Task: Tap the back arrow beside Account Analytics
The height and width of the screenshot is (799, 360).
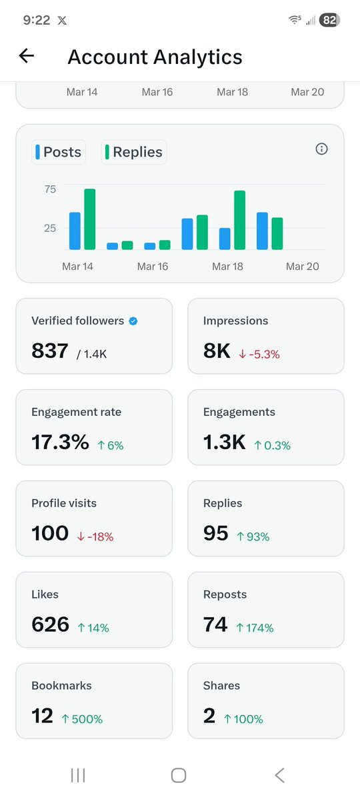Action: [26, 57]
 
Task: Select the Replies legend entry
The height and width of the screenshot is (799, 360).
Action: [133, 152]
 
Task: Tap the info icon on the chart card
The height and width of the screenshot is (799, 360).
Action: [321, 149]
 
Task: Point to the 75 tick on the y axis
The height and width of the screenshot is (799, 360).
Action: [50, 189]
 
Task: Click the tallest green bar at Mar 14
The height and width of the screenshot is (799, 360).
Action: [89, 219]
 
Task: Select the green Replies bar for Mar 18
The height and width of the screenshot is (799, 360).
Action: [239, 220]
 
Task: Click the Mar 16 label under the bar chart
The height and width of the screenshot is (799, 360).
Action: [152, 267]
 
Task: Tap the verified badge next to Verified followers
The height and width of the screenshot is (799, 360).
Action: [133, 321]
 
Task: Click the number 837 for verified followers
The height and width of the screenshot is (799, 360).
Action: [50, 351]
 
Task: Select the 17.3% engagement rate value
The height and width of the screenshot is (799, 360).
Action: [60, 442]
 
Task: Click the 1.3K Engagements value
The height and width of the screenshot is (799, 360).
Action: [225, 442]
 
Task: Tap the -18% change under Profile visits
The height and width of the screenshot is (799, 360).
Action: [95, 536]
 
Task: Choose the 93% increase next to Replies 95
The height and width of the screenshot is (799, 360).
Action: [253, 536]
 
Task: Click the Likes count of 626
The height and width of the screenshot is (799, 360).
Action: [50, 624]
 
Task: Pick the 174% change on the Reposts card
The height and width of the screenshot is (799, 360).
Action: [255, 628]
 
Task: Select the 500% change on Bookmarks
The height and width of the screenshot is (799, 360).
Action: [82, 719]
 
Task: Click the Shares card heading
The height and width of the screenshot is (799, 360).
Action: [221, 686]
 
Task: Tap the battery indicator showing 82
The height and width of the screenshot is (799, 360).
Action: [329, 21]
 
